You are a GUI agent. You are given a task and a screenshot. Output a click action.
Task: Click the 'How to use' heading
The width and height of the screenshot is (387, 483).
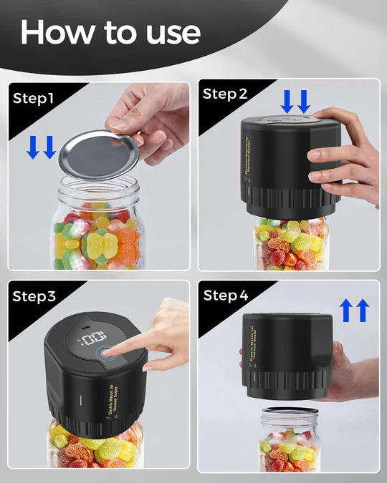tap(110, 31)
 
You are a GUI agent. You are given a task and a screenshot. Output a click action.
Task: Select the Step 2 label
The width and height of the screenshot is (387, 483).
tap(225, 94)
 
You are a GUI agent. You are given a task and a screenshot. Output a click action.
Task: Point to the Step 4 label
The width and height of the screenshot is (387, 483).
tap(226, 295)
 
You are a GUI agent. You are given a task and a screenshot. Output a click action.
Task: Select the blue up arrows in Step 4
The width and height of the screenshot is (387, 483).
tap(354, 311)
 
